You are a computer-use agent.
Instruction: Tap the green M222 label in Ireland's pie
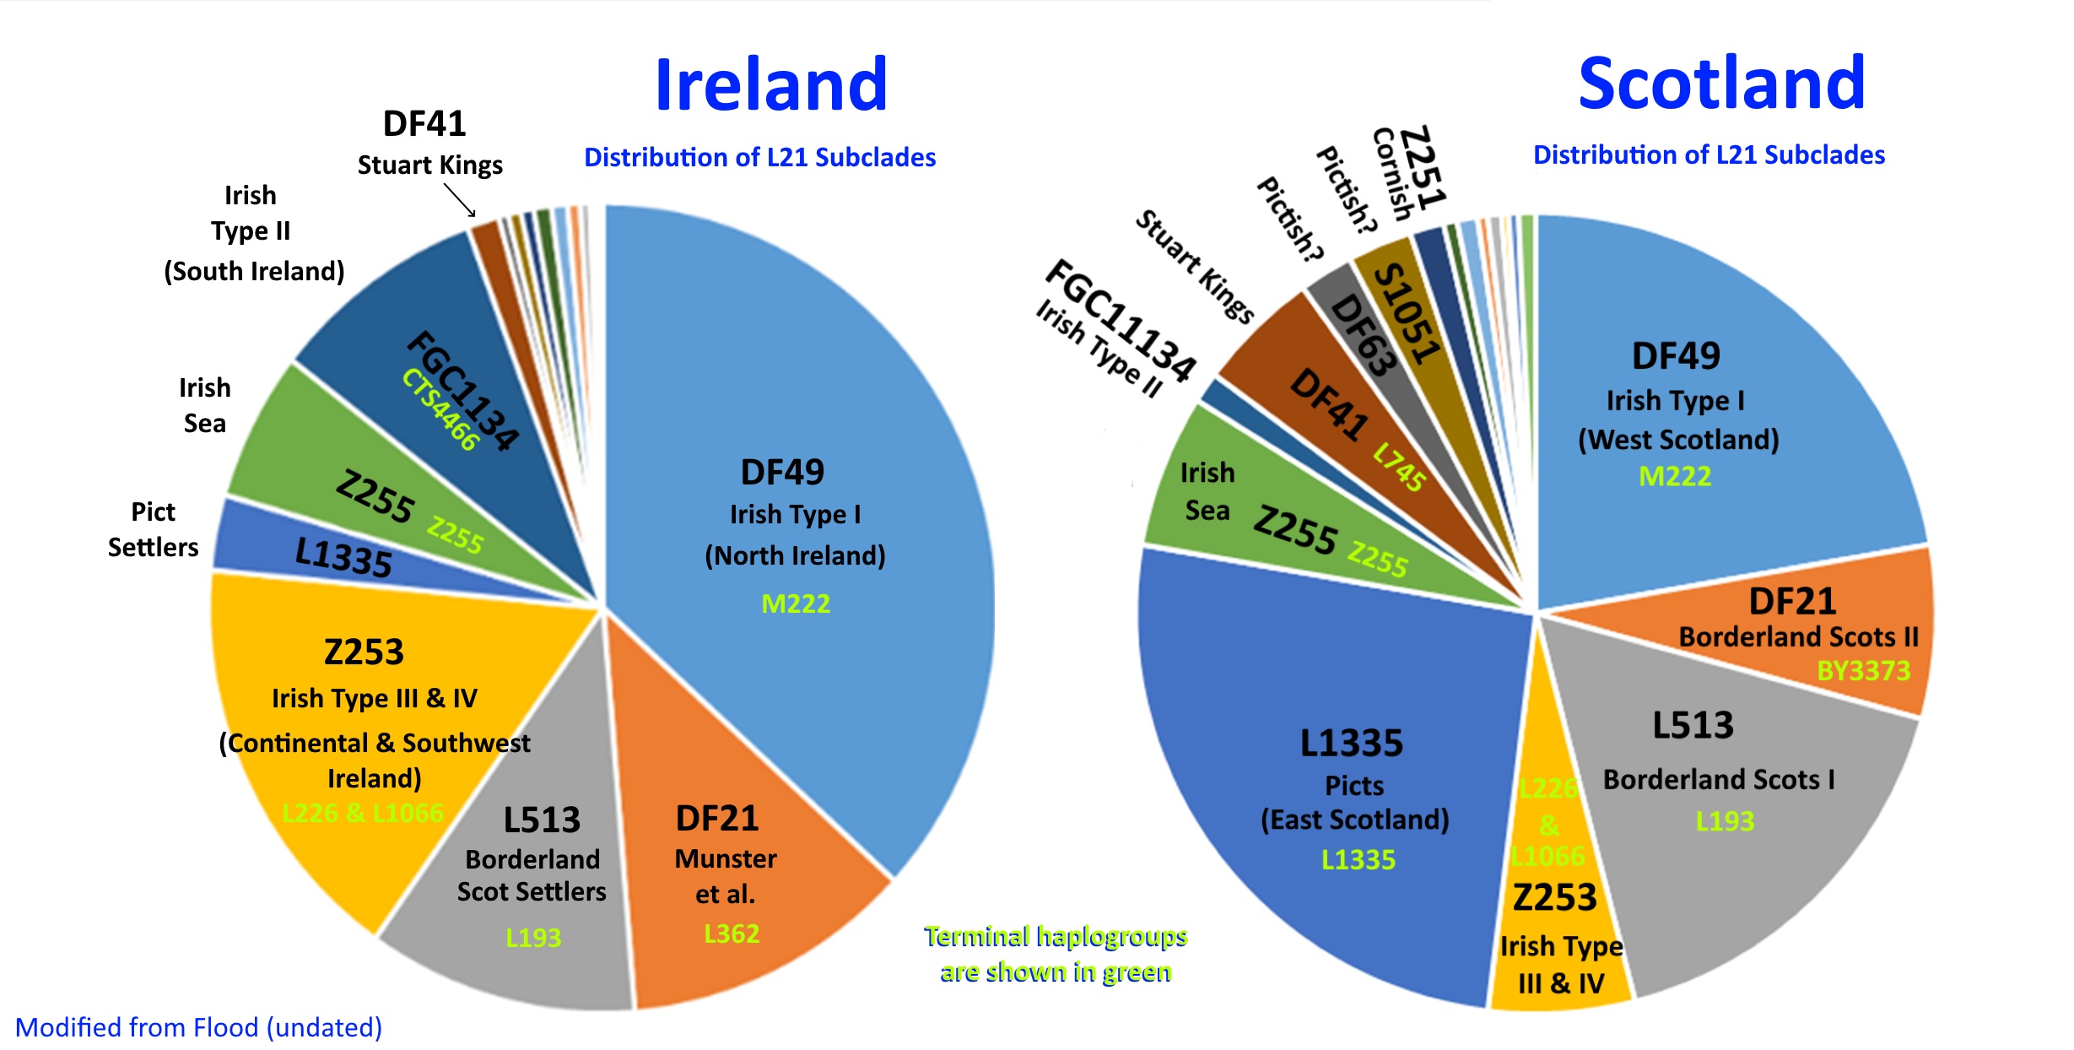(796, 603)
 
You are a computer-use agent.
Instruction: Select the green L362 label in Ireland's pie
(732, 934)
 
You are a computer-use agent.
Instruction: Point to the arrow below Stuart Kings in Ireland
(460, 201)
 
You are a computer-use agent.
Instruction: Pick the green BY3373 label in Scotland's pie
(1863, 671)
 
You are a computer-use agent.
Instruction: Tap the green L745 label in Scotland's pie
(1399, 466)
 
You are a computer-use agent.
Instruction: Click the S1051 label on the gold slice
(1406, 313)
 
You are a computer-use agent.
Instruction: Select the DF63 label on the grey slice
(1363, 334)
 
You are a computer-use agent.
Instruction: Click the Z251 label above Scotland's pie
(1423, 167)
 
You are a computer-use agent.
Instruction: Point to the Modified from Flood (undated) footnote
(198, 1027)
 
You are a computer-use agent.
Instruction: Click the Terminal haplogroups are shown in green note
(1056, 954)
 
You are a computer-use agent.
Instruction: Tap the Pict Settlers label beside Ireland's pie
(153, 529)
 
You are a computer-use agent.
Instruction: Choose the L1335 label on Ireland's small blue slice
(343, 557)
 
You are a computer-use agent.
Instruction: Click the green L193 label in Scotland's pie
(1725, 820)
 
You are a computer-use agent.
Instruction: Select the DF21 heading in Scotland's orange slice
(1792, 601)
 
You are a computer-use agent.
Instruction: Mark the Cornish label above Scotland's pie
(1392, 174)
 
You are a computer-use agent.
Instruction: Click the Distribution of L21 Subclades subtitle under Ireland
(759, 157)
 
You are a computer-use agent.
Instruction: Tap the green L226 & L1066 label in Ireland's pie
(362, 813)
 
